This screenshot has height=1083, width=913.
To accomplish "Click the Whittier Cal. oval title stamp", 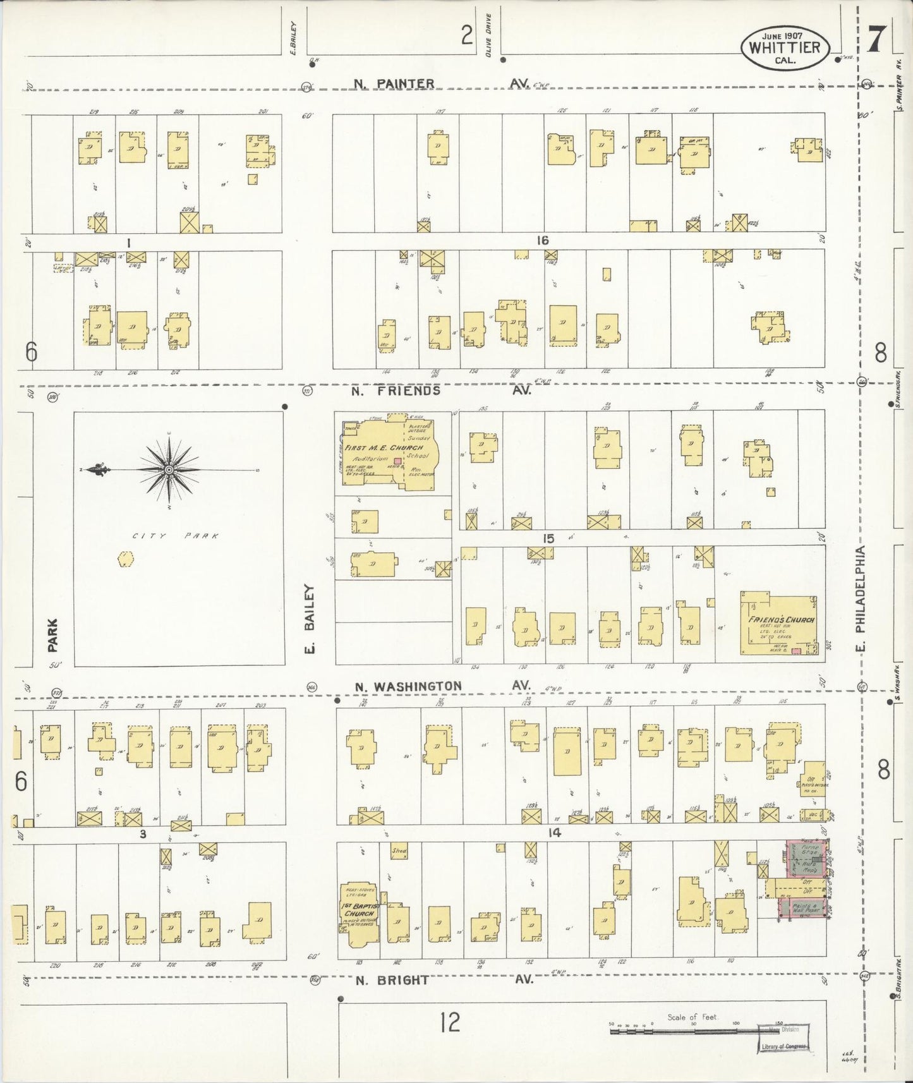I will pos(785,47).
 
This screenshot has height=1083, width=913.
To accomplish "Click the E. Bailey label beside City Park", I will pos(310,620).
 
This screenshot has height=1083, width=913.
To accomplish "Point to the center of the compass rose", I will pos(169,470).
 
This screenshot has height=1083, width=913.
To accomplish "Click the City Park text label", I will pos(176,536).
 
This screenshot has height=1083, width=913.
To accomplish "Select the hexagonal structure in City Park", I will pos(126,559).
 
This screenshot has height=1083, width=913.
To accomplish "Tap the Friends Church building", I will pos(780,624).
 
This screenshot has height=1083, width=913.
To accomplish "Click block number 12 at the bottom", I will pos(450,1021).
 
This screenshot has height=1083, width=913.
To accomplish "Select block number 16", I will pos(542,240).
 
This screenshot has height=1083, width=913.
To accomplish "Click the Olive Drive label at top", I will pos(488,37).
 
